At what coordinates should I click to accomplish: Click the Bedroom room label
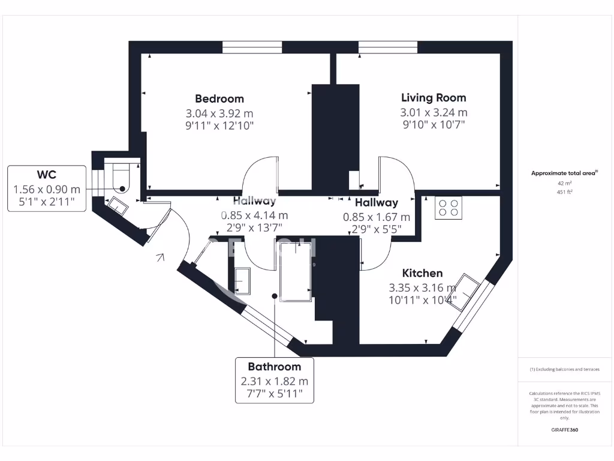(219, 98)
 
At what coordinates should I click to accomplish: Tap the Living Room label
(434, 97)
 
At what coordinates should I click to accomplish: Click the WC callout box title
(46, 175)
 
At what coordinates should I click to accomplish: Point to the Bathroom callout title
(274, 366)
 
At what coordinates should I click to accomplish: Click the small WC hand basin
(117, 206)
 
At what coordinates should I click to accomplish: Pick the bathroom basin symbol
(243, 280)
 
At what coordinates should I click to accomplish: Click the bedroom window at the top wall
(252, 47)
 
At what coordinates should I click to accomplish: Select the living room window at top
(388, 47)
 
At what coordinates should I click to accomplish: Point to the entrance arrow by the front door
(159, 258)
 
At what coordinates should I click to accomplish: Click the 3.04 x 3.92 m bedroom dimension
(219, 113)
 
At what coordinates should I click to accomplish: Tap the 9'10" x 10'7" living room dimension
(434, 124)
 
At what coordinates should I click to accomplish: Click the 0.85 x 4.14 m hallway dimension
(254, 215)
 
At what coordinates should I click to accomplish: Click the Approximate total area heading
(564, 173)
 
